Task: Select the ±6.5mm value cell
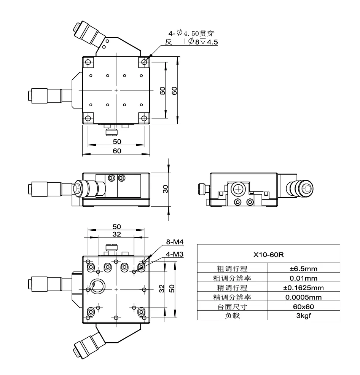303,269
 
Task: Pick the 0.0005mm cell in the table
303,297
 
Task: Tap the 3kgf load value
303,316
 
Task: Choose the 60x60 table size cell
303,306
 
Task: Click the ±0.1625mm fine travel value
303,287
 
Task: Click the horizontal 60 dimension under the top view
116,151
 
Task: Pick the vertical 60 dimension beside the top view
175,91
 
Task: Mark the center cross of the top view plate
116,90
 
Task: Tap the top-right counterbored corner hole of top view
144,62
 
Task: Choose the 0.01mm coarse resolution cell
303,278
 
